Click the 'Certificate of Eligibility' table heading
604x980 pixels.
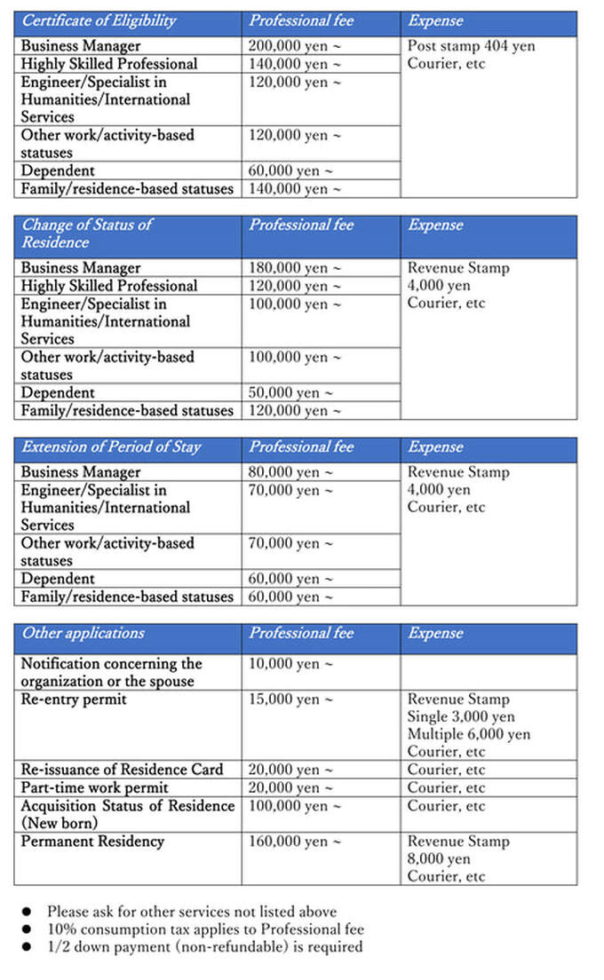point(99,21)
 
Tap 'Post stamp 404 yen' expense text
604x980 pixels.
point(471,46)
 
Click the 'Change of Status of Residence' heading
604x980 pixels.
point(86,233)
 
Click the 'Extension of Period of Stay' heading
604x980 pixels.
point(111,447)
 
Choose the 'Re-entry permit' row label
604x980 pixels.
point(74,699)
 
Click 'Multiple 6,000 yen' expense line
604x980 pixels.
point(468,735)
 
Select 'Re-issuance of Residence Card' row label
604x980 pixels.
point(122,771)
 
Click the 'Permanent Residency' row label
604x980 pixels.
point(92,842)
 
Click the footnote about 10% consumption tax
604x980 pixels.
point(205,929)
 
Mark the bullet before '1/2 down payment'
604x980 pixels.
point(27,947)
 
